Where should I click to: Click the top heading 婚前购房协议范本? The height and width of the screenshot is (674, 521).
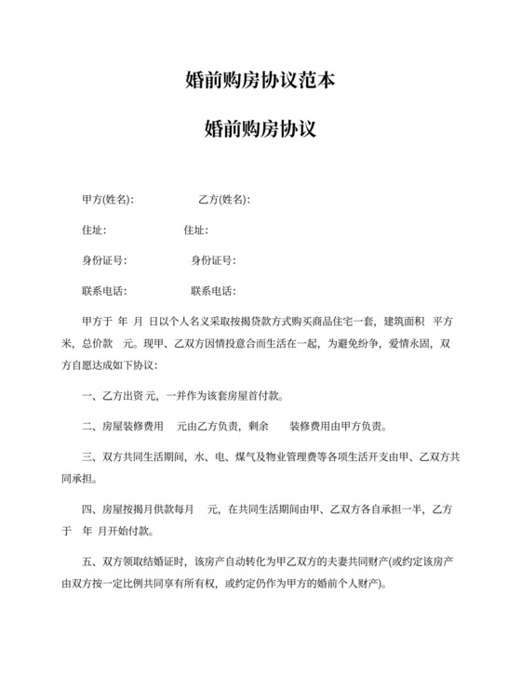click(x=260, y=81)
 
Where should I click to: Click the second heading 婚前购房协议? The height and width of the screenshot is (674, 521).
click(x=260, y=129)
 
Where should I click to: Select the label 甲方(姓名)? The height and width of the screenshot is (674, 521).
click(x=107, y=200)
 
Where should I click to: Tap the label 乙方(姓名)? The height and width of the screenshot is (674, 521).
click(x=223, y=200)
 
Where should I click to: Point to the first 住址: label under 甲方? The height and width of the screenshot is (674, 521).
click(x=94, y=230)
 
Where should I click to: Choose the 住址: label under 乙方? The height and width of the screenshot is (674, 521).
click(x=195, y=230)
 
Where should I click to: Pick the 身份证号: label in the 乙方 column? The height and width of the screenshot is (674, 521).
click(x=213, y=260)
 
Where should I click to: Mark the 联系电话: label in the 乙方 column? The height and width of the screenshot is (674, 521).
click(x=213, y=291)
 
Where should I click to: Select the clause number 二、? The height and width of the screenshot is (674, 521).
click(x=90, y=428)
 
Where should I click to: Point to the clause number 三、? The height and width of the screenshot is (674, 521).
click(x=90, y=458)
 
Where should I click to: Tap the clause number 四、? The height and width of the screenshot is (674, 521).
click(x=90, y=509)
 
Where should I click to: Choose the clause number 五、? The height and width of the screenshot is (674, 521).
click(x=90, y=562)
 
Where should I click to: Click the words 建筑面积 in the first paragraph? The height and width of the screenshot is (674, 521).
click(x=404, y=322)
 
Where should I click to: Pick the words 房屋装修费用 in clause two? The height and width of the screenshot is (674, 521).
click(x=130, y=428)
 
